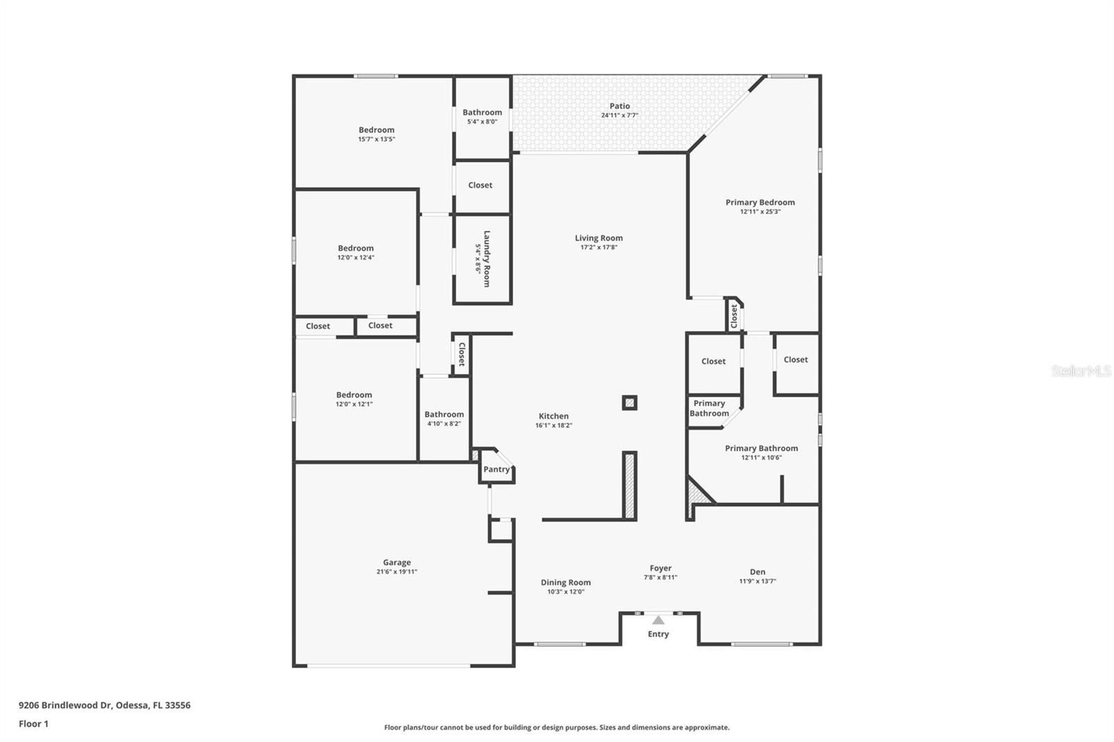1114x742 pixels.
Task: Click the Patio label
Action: click(620, 106)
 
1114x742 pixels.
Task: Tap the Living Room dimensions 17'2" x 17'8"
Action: click(599, 247)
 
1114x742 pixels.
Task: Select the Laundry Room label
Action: click(487, 259)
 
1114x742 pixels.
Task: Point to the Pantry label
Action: click(496, 469)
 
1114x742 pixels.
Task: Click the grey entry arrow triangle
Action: click(659, 620)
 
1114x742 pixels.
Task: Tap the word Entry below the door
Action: click(659, 634)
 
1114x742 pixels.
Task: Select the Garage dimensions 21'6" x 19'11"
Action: click(397, 572)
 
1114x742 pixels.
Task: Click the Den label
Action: click(758, 572)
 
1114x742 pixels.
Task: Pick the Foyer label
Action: click(661, 568)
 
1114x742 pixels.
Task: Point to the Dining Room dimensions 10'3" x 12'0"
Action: click(566, 592)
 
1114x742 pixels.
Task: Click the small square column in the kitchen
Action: click(629, 402)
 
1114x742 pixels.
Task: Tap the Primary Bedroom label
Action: click(760, 202)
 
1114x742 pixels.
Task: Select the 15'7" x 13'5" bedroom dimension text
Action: click(377, 139)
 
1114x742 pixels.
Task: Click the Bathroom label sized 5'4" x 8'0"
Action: click(483, 112)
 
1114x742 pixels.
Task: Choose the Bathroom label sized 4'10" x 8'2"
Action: click(444, 414)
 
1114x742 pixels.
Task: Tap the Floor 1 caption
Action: click(33, 724)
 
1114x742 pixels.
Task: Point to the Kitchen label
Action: click(554, 416)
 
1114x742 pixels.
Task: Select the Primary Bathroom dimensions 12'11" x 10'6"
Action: click(762, 457)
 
